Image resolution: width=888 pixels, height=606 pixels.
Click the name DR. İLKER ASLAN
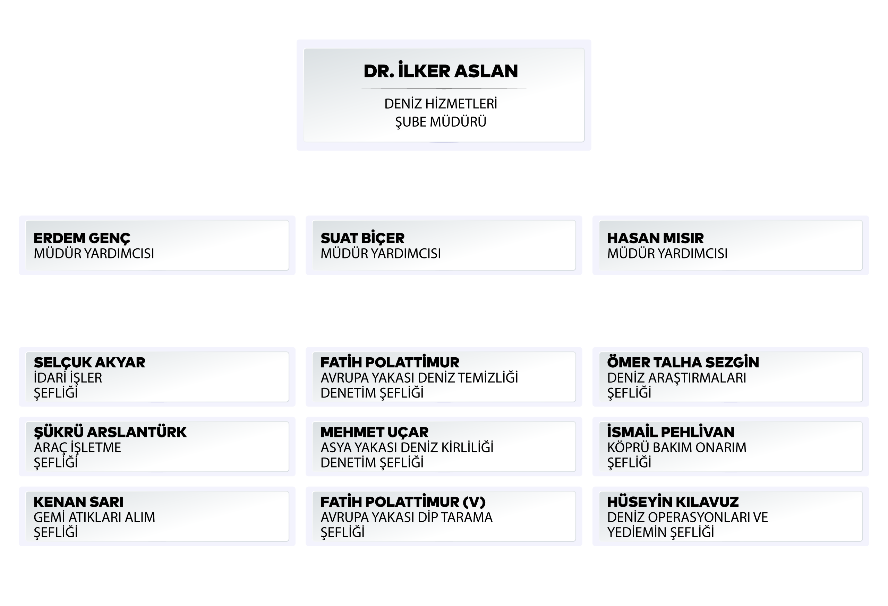click(441, 70)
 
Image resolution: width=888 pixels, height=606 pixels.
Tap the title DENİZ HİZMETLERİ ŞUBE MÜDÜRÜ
click(441, 113)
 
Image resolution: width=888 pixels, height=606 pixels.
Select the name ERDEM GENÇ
click(82, 238)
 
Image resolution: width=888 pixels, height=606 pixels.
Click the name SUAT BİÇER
click(362, 238)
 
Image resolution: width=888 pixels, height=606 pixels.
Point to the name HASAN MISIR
click(655, 238)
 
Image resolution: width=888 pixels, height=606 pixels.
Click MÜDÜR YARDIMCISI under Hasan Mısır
click(667, 253)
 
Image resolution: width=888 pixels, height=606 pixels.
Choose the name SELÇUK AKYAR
click(89, 362)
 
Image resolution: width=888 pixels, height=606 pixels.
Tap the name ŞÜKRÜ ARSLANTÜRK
click(110, 432)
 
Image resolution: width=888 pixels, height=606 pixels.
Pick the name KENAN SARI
click(78, 502)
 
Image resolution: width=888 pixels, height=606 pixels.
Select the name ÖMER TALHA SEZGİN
click(683, 361)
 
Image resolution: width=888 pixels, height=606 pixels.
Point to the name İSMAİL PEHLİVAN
click(671, 432)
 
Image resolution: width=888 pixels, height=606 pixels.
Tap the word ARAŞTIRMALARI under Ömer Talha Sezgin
click(697, 378)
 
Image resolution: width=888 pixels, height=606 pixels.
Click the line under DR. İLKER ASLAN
click(444, 89)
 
